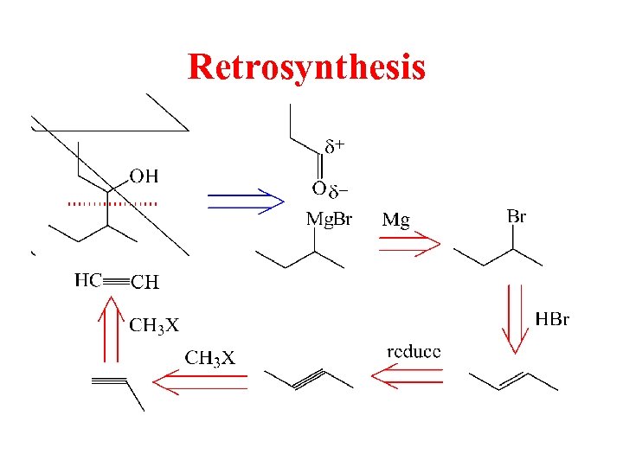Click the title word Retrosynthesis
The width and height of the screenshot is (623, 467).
[306, 67]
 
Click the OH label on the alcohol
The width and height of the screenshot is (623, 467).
[144, 176]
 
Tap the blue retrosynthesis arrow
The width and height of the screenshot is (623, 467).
[247, 201]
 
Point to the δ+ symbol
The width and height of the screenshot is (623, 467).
[334, 146]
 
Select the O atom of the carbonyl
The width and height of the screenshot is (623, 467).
[318, 189]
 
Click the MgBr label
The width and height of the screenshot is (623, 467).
[329, 219]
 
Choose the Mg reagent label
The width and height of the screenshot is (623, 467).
[395, 220]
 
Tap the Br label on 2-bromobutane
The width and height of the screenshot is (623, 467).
[516, 216]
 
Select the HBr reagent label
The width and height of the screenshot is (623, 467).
[552, 320]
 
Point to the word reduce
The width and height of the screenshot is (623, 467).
[413, 351]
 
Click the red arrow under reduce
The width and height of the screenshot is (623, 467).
[407, 377]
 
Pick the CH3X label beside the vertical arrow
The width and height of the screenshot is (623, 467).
[154, 325]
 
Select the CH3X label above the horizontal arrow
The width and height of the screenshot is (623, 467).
[209, 358]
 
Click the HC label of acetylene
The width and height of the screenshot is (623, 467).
[88, 279]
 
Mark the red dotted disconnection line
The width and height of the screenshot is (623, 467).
[112, 203]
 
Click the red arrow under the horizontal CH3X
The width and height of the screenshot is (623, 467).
[201, 381]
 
